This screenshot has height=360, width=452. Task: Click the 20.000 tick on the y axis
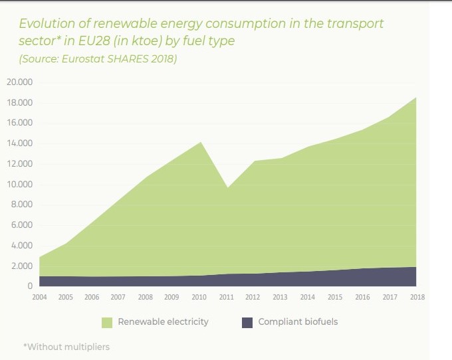(x=20, y=82)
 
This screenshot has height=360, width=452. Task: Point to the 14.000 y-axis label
(x=20, y=143)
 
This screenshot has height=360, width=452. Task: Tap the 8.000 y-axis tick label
(x=21, y=205)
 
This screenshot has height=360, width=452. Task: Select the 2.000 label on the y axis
(x=21, y=266)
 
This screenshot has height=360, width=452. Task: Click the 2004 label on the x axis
(x=39, y=298)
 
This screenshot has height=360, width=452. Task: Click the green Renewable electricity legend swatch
(x=106, y=322)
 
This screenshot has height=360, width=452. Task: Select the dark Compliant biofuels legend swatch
(x=247, y=322)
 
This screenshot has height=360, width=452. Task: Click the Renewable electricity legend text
(x=163, y=322)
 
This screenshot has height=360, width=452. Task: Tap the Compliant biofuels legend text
(x=298, y=322)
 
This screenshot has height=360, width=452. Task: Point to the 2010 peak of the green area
(x=201, y=142)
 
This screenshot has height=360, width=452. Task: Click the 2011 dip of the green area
(x=227, y=187)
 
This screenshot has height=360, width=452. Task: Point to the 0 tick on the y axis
(x=30, y=287)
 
